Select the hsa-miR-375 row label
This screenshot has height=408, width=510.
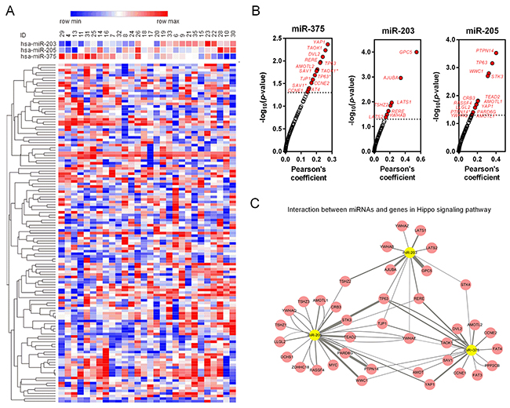(x=38, y=56)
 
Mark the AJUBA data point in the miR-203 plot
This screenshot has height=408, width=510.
(x=401, y=78)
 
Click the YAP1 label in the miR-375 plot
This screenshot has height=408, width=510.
(x=319, y=42)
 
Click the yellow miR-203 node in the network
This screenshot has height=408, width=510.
(x=410, y=253)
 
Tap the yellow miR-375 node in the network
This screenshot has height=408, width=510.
(x=472, y=350)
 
